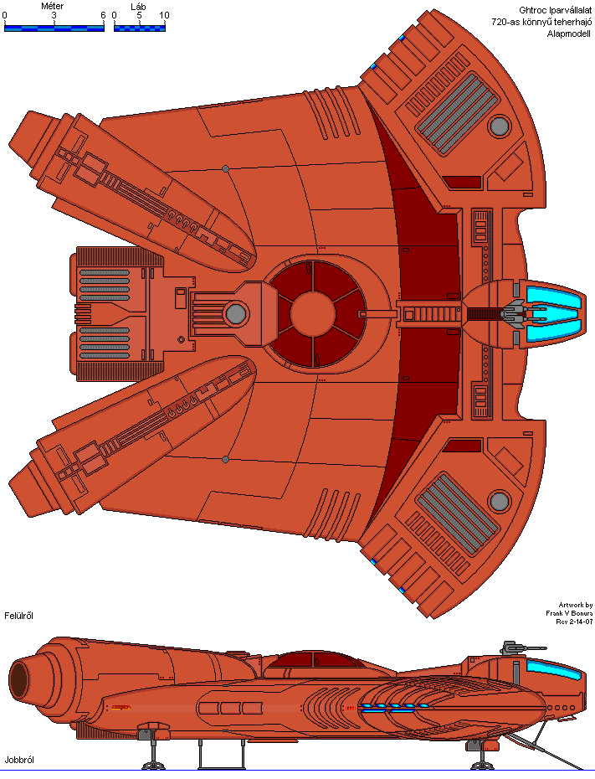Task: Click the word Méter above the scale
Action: coord(52,6)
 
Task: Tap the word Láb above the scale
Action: coord(138,7)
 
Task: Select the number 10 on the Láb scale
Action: coord(164,15)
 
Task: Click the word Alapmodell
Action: coord(569,34)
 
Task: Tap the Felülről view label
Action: coord(19,616)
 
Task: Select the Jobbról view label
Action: coord(19,760)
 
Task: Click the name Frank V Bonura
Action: coord(569,613)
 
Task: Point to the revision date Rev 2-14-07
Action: coord(574,622)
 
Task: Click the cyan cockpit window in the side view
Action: coord(554,670)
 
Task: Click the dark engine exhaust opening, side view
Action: coord(19,680)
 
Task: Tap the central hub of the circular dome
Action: coord(313,314)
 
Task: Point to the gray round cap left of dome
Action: coord(236,314)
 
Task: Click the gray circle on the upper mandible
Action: coord(500,126)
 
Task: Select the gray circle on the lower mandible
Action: coord(500,501)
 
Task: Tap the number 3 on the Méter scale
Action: coord(54,15)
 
